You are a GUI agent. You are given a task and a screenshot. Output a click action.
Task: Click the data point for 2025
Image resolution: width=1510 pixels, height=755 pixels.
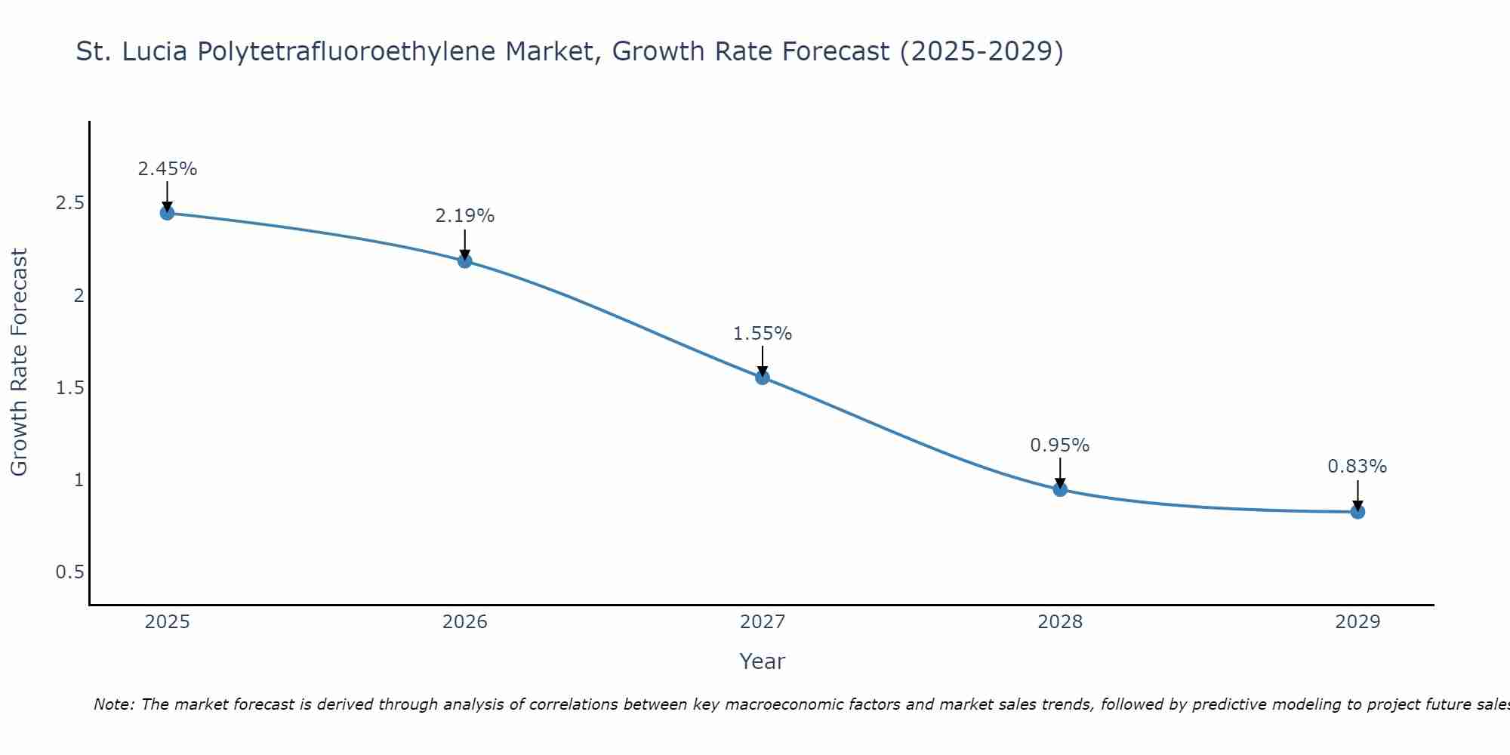pos(167,213)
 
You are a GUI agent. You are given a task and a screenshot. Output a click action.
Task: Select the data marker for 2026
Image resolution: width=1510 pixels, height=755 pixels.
pos(465,261)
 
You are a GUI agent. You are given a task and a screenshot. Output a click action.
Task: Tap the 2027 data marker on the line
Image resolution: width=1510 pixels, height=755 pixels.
pos(763,377)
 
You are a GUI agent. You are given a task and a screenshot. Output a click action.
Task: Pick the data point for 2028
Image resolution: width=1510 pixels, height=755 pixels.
pos(1060,489)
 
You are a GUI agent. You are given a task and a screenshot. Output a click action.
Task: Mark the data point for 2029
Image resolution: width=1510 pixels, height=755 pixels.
pos(1357,512)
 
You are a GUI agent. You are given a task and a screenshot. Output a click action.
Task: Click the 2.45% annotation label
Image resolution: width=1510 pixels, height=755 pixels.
pos(167,169)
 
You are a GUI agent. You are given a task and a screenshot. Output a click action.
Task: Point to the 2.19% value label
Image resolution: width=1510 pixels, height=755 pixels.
pos(465,216)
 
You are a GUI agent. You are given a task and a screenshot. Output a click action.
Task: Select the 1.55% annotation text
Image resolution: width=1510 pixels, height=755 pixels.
pos(763,334)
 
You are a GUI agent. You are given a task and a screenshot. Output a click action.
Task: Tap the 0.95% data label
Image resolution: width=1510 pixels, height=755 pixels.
pos(1060,445)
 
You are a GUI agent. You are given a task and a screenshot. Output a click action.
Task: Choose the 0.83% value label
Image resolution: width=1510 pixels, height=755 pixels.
pos(1357,467)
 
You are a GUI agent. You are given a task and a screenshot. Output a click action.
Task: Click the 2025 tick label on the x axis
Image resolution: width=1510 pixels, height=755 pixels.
pos(167,622)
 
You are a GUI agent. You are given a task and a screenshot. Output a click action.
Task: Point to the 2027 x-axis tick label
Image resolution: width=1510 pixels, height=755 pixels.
pos(763,622)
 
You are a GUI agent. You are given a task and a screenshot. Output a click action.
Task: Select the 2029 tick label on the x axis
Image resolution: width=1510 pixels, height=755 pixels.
pos(1357,622)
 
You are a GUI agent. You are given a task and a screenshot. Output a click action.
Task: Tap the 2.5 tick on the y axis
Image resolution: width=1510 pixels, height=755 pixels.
pos(69,203)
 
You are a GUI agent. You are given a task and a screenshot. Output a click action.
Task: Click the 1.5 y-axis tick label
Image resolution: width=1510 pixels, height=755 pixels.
pos(69,388)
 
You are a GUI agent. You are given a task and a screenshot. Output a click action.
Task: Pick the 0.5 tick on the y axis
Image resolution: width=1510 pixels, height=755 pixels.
pos(69,572)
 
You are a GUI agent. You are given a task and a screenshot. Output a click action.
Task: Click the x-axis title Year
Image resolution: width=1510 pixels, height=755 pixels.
pos(763,661)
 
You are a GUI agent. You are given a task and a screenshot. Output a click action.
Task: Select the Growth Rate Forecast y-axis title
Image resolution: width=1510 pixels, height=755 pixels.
pos(19,362)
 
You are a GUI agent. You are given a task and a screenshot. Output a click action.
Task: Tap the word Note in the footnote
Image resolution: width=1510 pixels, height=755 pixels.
pos(113,704)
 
